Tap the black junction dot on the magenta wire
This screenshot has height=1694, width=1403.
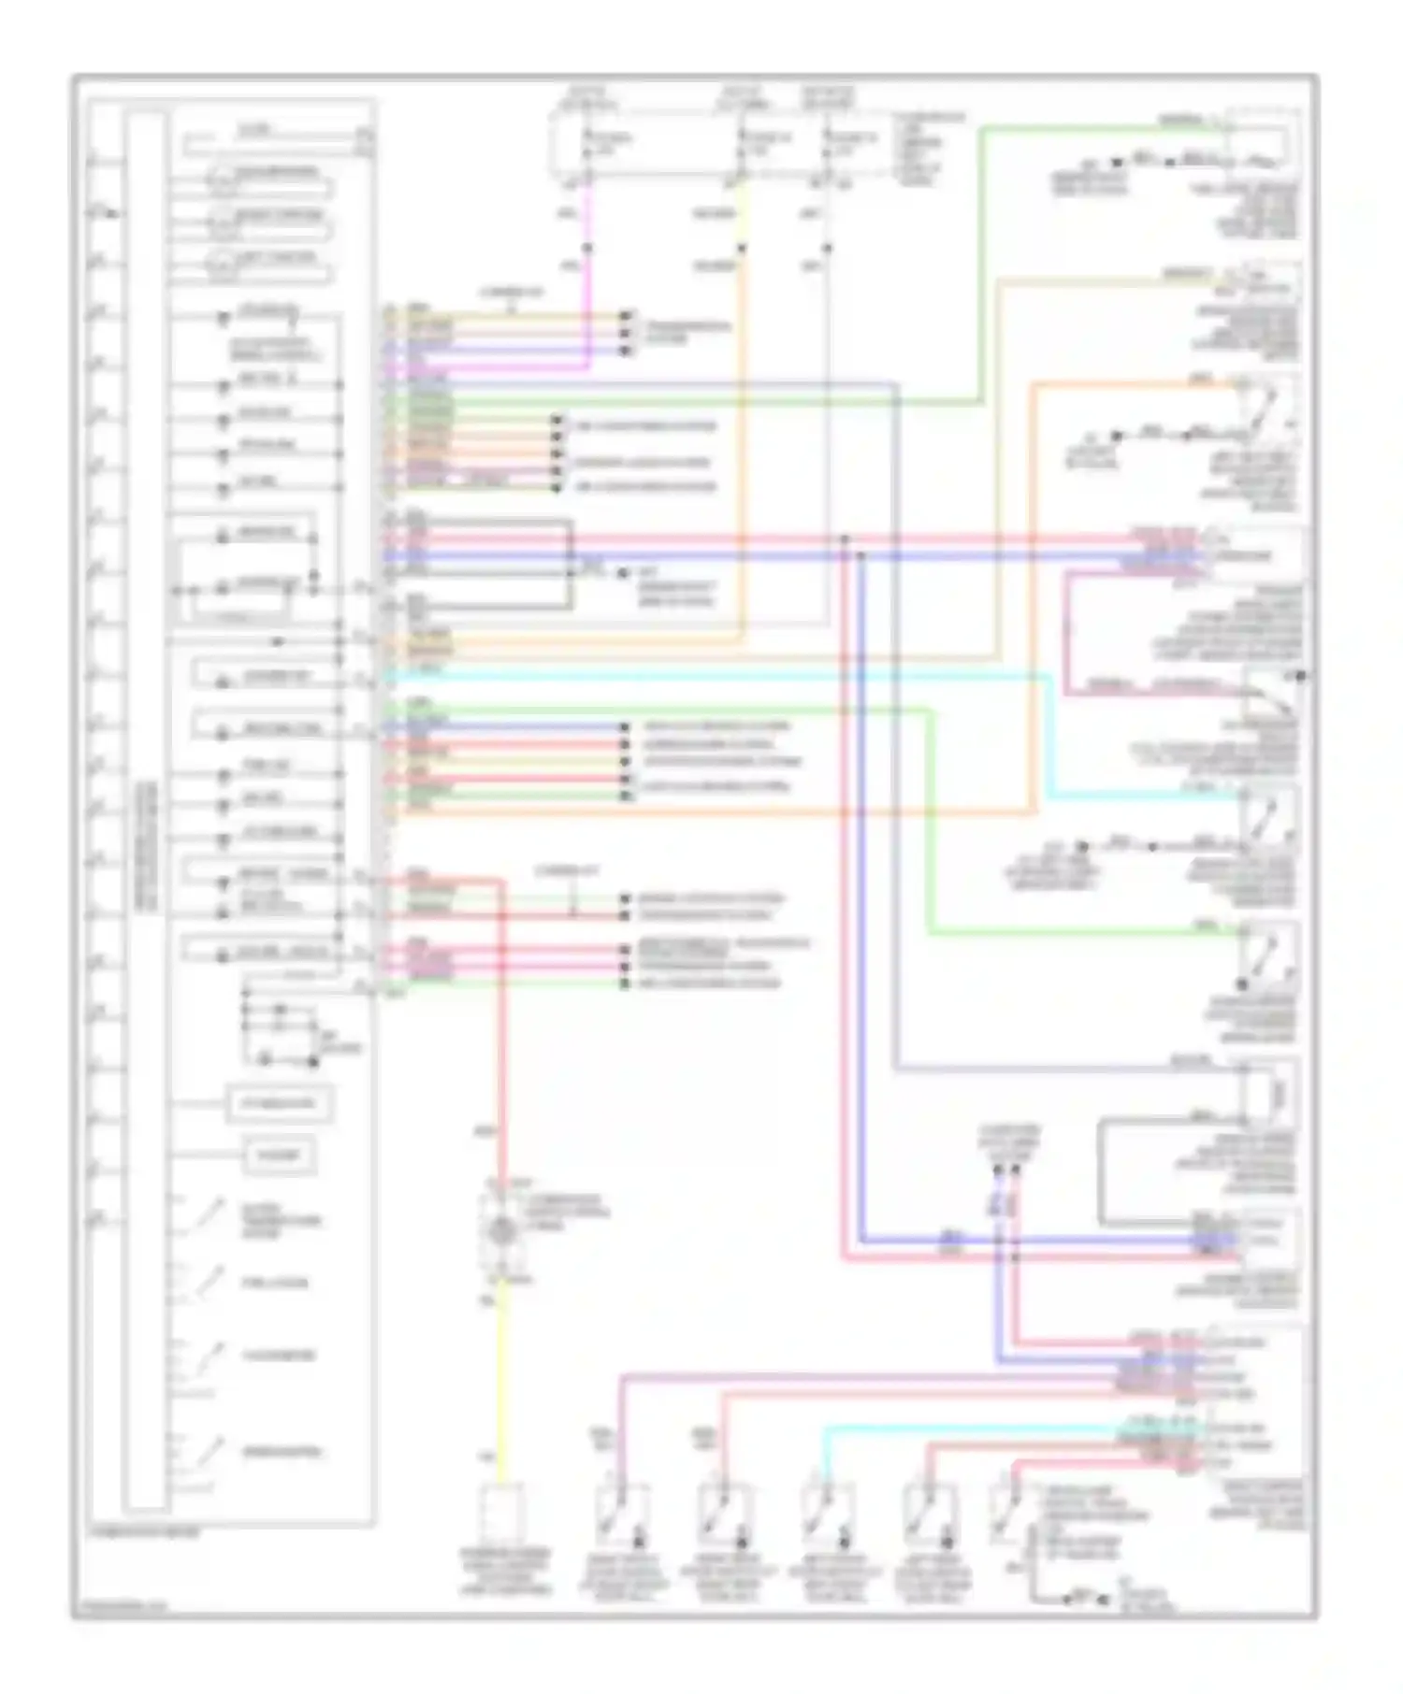coord(587,249)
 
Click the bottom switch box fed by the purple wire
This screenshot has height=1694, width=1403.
coord(622,1515)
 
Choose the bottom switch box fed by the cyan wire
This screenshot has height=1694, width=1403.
coord(827,1515)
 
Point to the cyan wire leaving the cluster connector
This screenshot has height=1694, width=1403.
coord(711,674)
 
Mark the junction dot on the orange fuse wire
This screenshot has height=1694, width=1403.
coord(742,249)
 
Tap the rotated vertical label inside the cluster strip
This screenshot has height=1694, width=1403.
coord(148,846)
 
